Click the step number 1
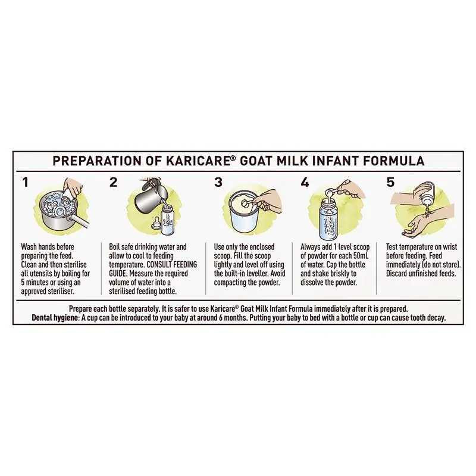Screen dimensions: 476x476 point(25,183)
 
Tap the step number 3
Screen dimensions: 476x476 point(218,183)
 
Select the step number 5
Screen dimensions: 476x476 point(390,183)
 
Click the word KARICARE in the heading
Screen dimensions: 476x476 point(199,161)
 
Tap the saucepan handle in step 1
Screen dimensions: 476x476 point(79,223)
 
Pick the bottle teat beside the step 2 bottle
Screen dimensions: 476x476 point(156,223)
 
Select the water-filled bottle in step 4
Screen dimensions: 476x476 point(327,218)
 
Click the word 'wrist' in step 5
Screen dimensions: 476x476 point(450,247)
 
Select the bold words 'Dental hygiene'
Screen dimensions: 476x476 point(55,318)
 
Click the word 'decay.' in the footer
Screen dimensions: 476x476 point(436,318)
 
